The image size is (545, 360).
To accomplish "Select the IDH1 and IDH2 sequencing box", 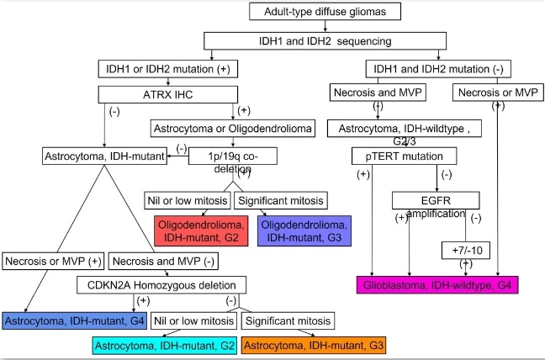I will (309, 40).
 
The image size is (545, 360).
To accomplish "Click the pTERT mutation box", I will (404, 156).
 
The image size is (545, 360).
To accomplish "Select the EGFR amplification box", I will (435, 201).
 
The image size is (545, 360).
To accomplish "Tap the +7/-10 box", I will (465, 249).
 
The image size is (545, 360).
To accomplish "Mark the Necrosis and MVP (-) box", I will (165, 261).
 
